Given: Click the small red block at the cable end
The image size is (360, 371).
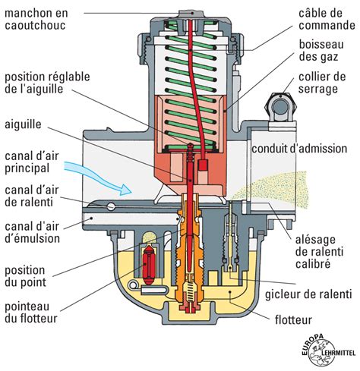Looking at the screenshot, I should coord(202,165).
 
